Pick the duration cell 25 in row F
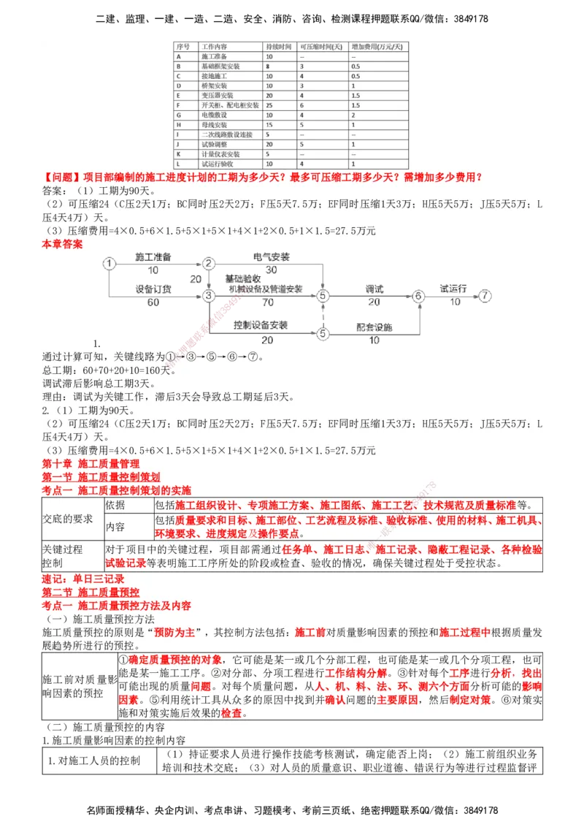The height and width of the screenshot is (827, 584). click(270, 105)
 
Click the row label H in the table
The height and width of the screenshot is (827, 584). click(178, 125)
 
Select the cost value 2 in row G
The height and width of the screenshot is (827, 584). click(353, 115)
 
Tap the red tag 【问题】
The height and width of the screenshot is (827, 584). click(62, 178)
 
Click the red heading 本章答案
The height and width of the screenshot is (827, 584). click(62, 245)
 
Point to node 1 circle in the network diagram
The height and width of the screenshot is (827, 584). click(109, 263)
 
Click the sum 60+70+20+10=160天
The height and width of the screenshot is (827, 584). click(109, 370)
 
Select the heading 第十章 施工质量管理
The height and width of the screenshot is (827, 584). click(91, 464)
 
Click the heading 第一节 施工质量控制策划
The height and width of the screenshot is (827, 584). click(101, 477)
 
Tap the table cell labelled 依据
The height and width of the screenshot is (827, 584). click(115, 506)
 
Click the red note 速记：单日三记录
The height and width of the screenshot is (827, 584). click(83, 579)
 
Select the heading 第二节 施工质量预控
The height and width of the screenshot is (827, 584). click(91, 592)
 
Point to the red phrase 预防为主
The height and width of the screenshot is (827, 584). click(174, 632)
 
